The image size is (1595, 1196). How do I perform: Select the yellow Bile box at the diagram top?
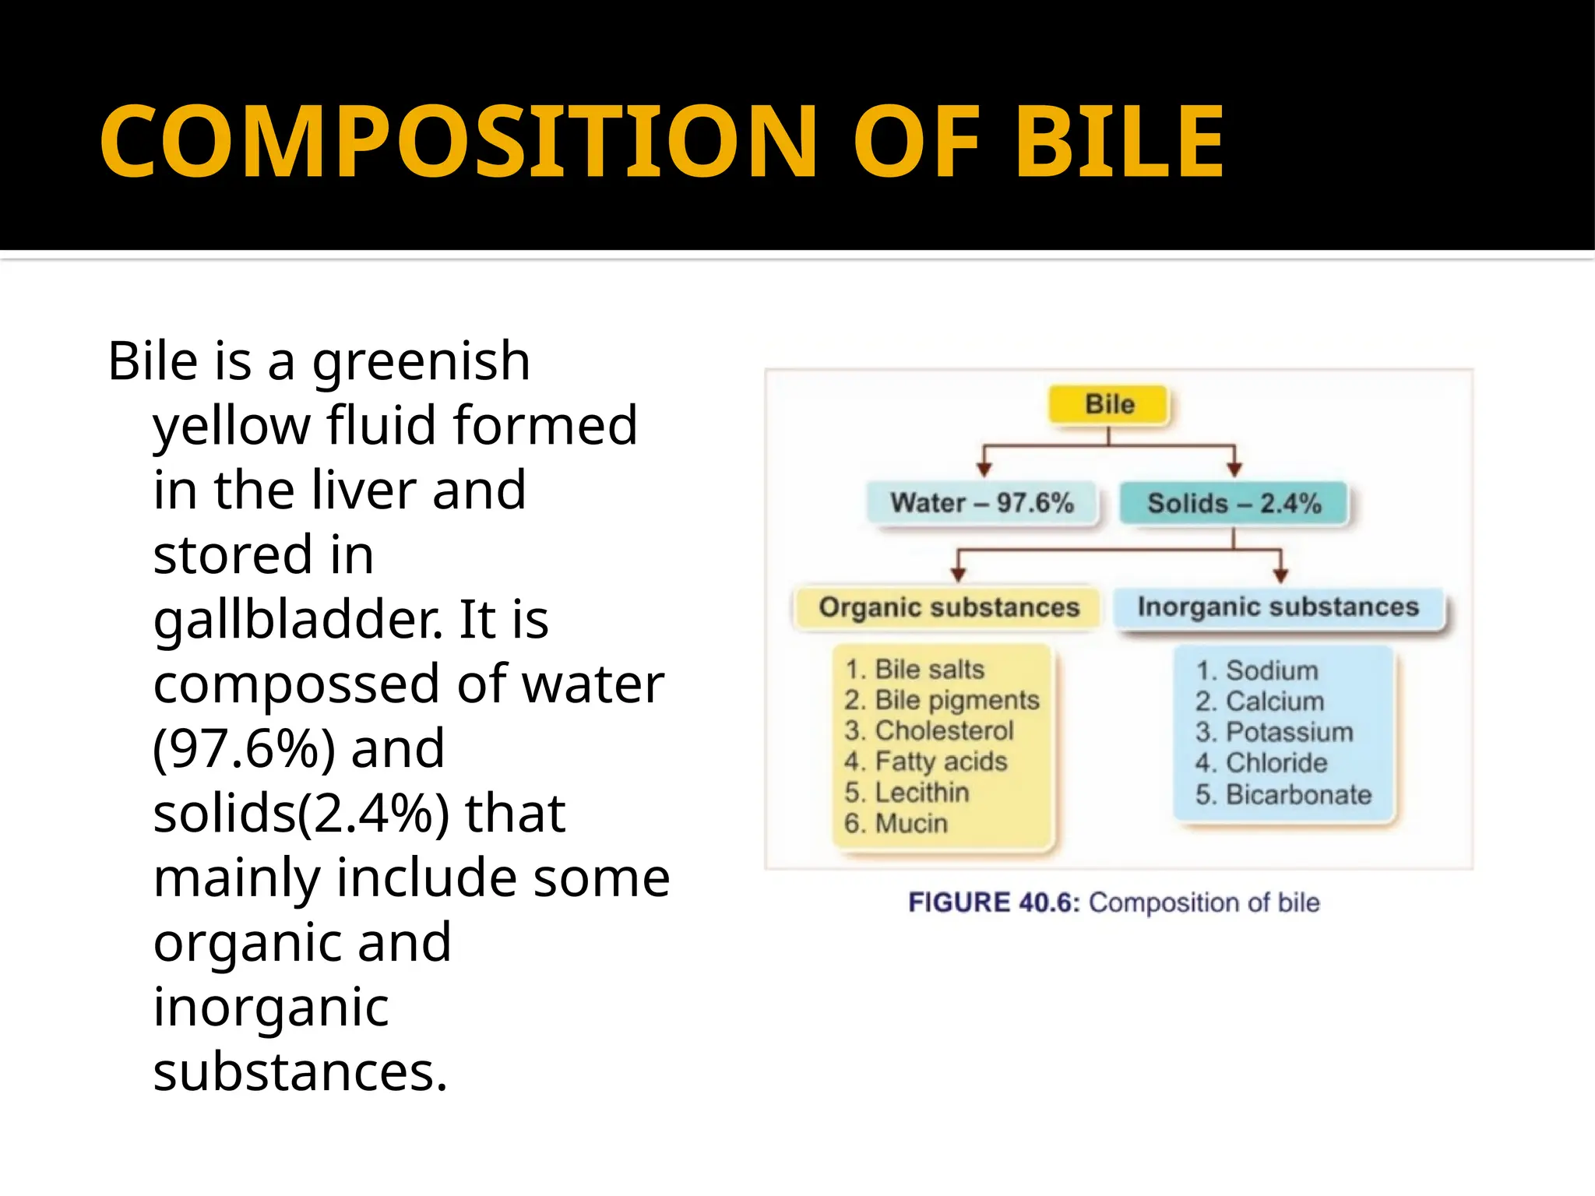[1109, 404]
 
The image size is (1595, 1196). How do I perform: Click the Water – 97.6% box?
[982, 503]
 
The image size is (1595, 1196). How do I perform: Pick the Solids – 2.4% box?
[1234, 503]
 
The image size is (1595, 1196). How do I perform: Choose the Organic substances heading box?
[949, 607]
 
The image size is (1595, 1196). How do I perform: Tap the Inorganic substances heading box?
[1278, 607]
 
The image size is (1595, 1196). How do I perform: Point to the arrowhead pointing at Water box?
[984, 469]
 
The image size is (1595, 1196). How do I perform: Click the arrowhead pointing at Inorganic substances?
[1280, 575]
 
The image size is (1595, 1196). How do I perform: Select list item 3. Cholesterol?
[929, 730]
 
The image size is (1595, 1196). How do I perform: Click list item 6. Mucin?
[896, 823]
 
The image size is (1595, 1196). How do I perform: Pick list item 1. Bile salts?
[915, 669]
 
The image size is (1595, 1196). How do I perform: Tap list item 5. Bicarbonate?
[1283, 794]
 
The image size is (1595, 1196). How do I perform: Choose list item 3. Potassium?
[1274, 732]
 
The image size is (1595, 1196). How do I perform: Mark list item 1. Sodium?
[1257, 670]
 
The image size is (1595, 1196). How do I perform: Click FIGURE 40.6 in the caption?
[993, 902]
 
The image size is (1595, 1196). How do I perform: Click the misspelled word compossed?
[297, 684]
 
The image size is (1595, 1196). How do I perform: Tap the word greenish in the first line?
[421, 362]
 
